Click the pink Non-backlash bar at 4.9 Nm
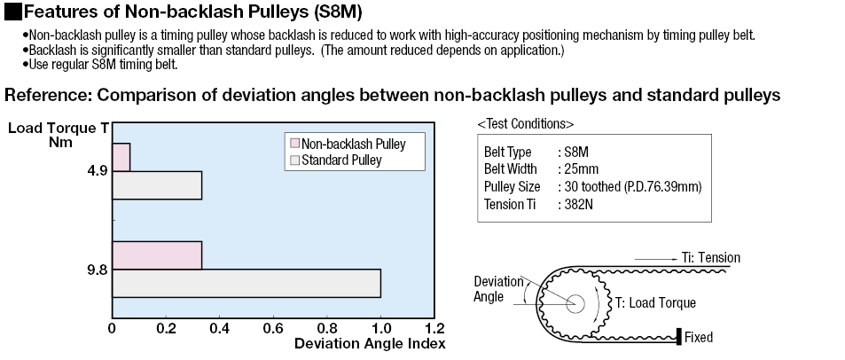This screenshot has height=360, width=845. tap(121, 157)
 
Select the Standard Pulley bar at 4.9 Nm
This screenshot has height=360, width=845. tap(157, 185)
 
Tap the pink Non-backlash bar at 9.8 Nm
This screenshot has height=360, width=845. tap(157, 254)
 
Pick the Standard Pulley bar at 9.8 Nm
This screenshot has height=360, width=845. tap(246, 283)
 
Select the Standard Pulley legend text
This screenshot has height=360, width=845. tap(341, 160)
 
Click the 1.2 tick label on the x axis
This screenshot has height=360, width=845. tap(434, 327)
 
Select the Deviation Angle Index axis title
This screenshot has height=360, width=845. tap(369, 343)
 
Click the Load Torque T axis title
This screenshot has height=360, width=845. tap(59, 128)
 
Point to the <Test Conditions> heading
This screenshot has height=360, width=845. tap(525, 122)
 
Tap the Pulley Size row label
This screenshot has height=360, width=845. tap(510, 187)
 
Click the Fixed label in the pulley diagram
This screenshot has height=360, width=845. tap(699, 337)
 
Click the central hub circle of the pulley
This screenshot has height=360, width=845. tap(576, 301)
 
